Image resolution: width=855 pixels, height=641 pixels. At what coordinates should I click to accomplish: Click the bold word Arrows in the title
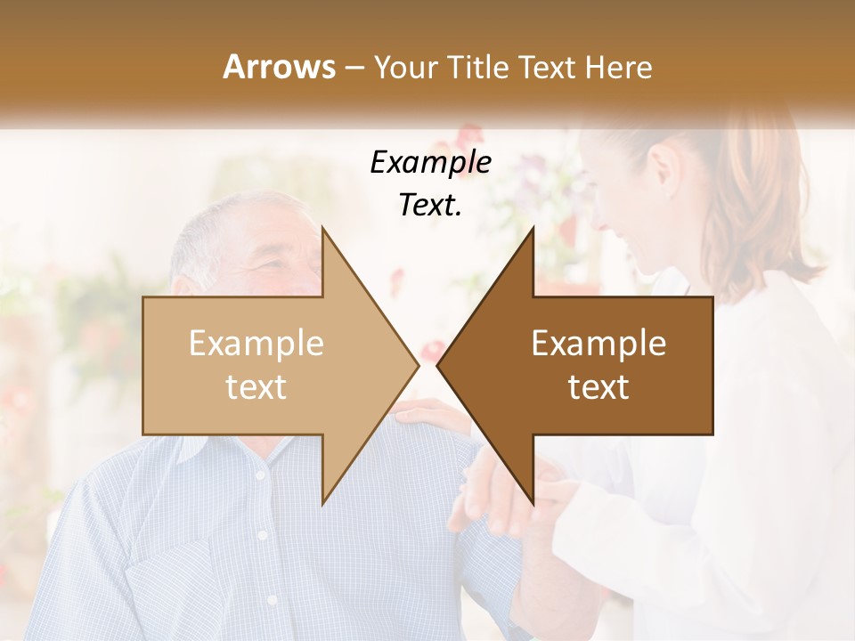point(279,67)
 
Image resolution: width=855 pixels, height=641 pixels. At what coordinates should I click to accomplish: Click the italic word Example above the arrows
point(431,163)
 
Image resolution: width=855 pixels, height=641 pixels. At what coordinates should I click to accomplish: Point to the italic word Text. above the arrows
point(431,206)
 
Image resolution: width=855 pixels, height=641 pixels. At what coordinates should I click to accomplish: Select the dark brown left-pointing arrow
point(588,365)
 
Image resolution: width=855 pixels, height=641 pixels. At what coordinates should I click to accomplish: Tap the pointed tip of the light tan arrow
point(416,365)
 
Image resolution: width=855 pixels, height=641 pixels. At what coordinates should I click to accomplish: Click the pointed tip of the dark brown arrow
point(440,365)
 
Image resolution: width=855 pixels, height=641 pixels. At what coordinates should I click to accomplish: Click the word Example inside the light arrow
point(256,344)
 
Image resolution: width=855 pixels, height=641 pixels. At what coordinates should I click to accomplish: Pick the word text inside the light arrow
point(256,387)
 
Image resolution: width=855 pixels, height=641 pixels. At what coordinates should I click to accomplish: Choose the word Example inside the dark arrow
point(598,344)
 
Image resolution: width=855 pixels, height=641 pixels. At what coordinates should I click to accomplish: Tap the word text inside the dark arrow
point(598,387)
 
